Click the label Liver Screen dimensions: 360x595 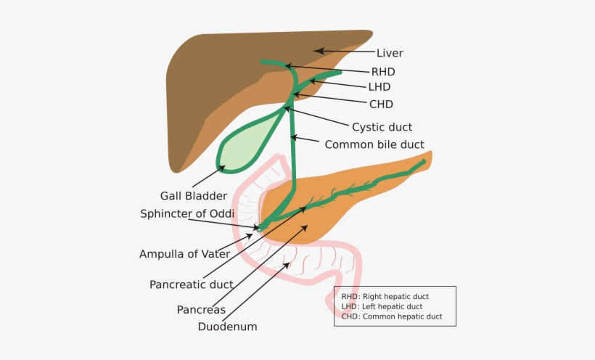[x=390, y=53]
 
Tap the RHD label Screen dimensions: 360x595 [x=383, y=72]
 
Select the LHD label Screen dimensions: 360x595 [x=379, y=87]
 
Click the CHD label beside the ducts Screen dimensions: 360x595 [x=381, y=105]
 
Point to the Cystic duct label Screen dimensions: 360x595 [x=382, y=127]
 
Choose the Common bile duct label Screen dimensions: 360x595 [x=374, y=144]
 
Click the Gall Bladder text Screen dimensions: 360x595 [x=194, y=195]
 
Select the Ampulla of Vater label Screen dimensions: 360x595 [x=185, y=254]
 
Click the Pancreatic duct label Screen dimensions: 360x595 [x=192, y=285]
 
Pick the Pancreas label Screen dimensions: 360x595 [x=201, y=310]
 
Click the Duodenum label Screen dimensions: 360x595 [x=228, y=327]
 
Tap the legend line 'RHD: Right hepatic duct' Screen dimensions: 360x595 [x=385, y=297]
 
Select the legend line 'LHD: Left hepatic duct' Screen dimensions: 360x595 [x=382, y=307]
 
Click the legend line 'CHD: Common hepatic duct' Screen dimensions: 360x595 [x=392, y=317]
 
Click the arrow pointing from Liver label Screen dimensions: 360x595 [x=345, y=52]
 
